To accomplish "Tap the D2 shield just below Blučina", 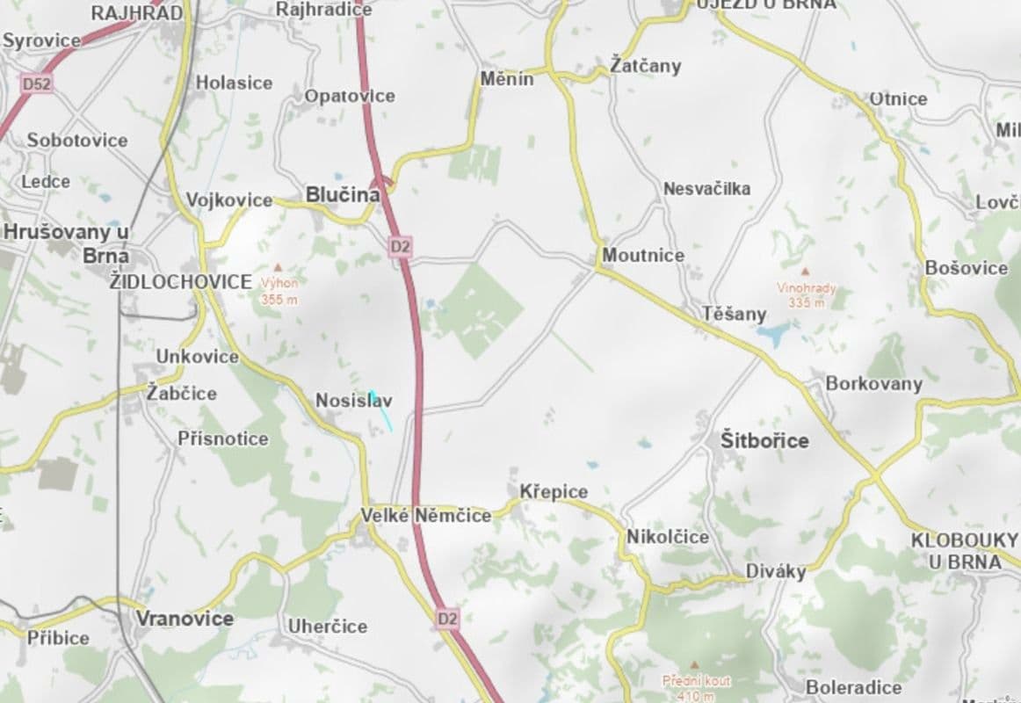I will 401,247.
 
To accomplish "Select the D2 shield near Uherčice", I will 448,619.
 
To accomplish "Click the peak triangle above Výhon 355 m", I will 279,266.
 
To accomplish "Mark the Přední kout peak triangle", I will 695,665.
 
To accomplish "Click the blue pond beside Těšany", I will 772,335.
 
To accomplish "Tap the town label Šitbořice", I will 764,440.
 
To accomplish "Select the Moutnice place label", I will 643,256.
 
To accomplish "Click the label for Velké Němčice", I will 426,516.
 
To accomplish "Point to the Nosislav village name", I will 353,402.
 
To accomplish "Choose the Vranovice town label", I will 185,619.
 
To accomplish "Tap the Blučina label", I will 342,195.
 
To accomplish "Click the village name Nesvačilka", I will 707,189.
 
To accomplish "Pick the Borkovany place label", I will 874,384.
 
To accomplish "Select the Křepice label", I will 554,491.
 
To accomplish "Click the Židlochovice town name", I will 181,282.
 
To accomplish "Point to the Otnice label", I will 898,98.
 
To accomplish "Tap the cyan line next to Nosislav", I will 381,411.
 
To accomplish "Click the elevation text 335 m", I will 807,302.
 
